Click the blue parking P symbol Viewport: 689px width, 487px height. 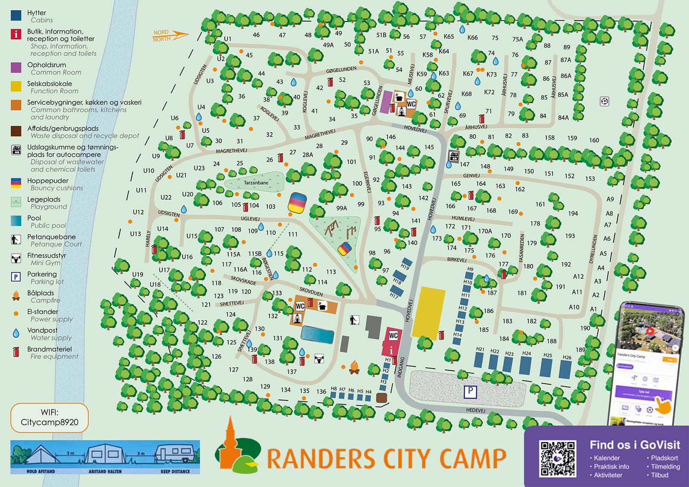470,391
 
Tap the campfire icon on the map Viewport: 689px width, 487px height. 354,367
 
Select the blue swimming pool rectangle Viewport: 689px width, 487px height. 317,335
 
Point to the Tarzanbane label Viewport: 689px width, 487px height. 256,183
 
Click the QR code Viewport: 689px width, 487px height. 558,458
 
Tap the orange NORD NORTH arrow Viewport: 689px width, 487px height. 171,35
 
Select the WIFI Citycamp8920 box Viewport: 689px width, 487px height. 50,418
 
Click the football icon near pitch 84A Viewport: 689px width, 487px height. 605,102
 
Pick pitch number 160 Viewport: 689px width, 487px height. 594,140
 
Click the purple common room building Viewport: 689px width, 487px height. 386,102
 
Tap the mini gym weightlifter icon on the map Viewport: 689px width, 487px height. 319,358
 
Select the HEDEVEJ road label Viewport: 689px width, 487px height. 475,410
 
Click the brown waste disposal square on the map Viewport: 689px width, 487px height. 381,397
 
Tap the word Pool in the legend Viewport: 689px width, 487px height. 34,218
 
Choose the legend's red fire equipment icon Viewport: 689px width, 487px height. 16,352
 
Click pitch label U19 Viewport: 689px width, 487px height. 137,274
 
